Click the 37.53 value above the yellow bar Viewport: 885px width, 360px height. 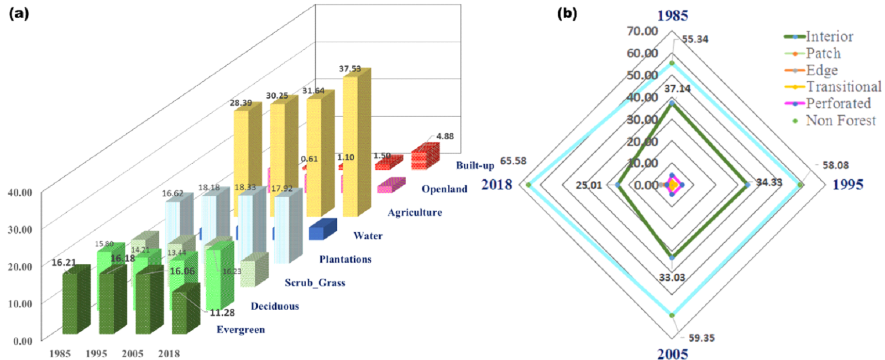350,69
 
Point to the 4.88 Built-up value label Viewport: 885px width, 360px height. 444,136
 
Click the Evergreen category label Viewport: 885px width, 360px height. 240,330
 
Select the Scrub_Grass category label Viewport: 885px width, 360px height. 315,283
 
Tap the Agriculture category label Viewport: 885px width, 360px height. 415,212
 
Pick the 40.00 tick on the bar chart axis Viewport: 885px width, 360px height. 20,192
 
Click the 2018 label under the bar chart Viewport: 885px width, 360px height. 169,353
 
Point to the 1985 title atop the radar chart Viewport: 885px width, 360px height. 672,15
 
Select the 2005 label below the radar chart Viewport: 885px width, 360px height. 672,353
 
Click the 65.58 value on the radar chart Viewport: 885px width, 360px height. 513,161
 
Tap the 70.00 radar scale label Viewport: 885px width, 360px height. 642,31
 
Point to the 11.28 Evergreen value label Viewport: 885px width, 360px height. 222,312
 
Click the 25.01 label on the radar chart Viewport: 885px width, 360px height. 588,185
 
